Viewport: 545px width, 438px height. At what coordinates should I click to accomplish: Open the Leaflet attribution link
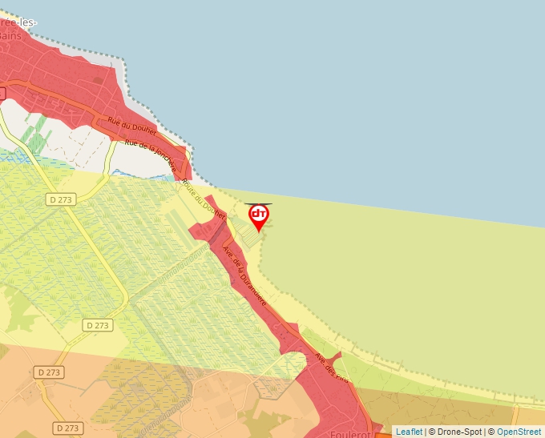(409, 432)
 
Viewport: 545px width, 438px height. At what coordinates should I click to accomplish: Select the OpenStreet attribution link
(519, 432)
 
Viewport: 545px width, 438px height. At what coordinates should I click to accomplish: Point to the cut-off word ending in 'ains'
(10, 36)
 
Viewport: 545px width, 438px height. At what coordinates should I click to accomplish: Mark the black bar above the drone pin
(258, 203)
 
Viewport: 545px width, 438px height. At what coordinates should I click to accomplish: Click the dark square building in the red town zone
(98, 80)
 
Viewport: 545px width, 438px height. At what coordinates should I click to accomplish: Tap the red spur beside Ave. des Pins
(335, 356)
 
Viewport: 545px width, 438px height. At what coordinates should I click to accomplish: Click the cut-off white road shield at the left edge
(2, 94)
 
